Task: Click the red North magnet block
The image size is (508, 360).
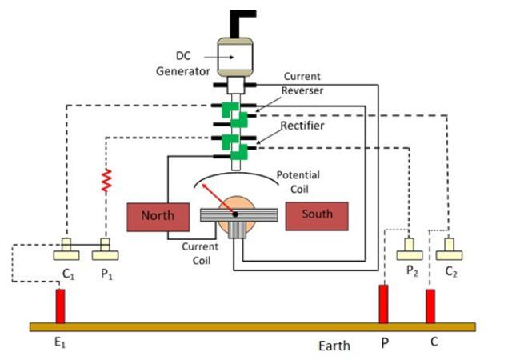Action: [157, 216]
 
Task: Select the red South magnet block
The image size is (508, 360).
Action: [318, 214]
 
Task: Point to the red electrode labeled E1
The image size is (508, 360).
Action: [59, 306]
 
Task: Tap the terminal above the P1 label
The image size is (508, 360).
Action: [105, 251]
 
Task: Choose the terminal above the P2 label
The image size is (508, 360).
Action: [410, 251]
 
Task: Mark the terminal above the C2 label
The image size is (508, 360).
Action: [449, 251]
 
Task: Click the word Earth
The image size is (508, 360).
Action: [334, 346]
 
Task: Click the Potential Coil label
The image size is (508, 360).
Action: [298, 182]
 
